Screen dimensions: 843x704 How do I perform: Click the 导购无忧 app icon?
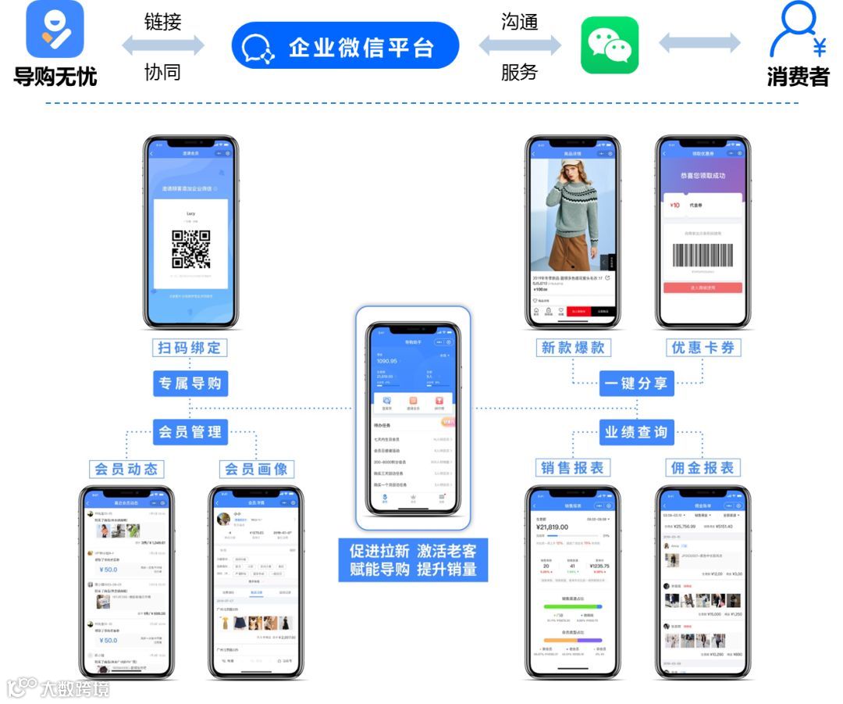(x=55, y=30)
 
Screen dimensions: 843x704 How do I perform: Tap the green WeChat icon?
(x=610, y=45)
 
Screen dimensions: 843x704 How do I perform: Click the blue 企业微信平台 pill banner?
(x=346, y=46)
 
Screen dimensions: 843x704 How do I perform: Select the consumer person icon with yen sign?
(x=797, y=31)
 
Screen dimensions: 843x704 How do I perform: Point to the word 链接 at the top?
(x=163, y=22)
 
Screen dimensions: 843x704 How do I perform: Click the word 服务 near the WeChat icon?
(x=520, y=73)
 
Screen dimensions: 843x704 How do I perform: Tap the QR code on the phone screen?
(x=191, y=249)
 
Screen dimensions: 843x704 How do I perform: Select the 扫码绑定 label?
(x=190, y=348)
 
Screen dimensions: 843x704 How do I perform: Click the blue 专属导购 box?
(x=190, y=384)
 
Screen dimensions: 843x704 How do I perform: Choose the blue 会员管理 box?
(x=190, y=431)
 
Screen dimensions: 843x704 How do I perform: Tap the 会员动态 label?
(x=126, y=469)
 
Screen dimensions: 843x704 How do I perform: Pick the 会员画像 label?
(x=256, y=469)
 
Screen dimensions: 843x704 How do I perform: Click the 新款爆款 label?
(x=573, y=348)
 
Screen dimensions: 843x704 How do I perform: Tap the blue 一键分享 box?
(x=636, y=384)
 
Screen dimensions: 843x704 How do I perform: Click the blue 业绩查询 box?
(x=636, y=431)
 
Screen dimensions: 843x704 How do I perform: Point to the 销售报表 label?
(x=573, y=468)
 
